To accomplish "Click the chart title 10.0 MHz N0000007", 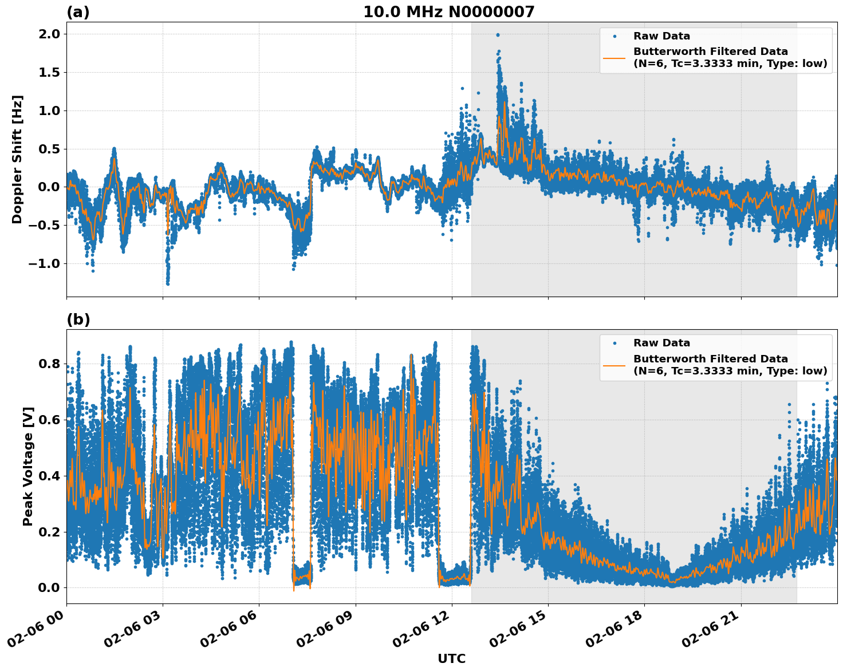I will click(x=448, y=12).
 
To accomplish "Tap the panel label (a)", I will click(x=78, y=12).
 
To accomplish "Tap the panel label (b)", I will click(x=78, y=319).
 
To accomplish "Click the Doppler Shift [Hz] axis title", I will click(x=17, y=159).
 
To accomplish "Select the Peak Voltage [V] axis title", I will click(x=28, y=466).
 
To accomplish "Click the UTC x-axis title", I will click(x=451, y=658).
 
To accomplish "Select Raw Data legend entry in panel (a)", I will click(x=661, y=36).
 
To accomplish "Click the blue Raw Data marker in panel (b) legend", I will click(x=614, y=343).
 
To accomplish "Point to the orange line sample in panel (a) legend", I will click(x=614, y=57).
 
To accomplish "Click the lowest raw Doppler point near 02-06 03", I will click(x=168, y=283).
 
